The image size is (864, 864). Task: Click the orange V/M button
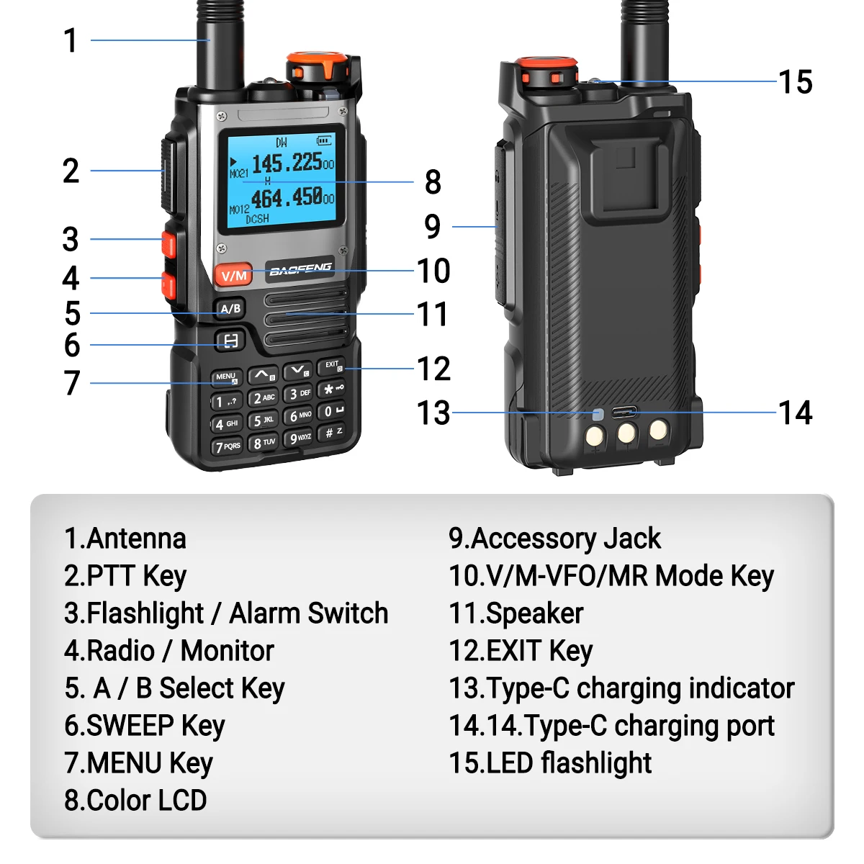tap(233, 275)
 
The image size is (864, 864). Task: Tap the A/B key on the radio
tap(230, 309)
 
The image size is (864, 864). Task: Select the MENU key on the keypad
tap(226, 377)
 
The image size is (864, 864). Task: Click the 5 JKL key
tap(264, 420)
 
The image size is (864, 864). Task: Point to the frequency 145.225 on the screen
tap(287, 163)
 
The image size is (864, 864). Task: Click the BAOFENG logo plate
tap(300, 270)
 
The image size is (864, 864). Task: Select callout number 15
tap(796, 82)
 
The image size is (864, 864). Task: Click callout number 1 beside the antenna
tap(71, 40)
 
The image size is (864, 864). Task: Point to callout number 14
tap(796, 413)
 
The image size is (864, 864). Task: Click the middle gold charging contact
tap(626, 433)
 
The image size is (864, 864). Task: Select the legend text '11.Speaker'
tap(516, 613)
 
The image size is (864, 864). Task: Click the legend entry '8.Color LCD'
tap(135, 801)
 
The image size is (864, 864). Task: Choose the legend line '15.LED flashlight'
tap(550, 763)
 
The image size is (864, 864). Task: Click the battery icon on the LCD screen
tap(325, 141)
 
